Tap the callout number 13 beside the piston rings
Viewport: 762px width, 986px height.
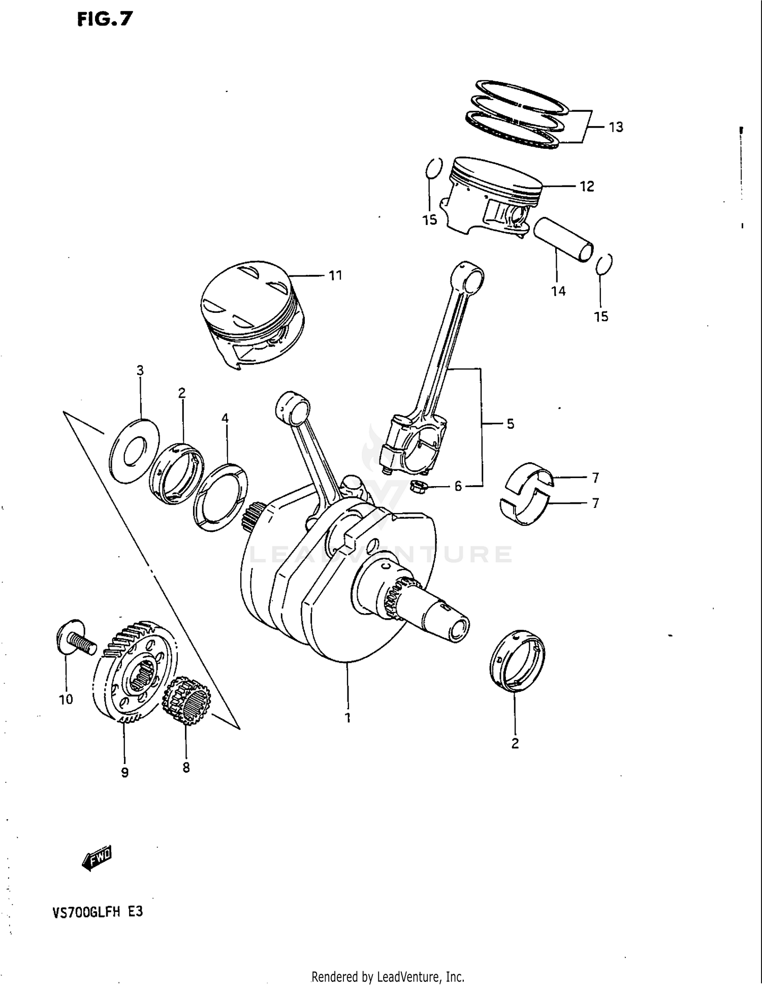pyautogui.click(x=616, y=127)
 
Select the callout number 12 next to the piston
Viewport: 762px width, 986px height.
pyautogui.click(x=587, y=186)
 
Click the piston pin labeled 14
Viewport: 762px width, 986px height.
pyautogui.click(x=563, y=239)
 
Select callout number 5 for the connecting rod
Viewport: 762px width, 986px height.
pyautogui.click(x=510, y=424)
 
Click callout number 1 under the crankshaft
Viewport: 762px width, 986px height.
pyautogui.click(x=348, y=718)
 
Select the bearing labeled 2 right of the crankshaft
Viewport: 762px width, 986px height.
pyautogui.click(x=517, y=661)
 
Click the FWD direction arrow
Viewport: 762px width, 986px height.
pyautogui.click(x=97, y=859)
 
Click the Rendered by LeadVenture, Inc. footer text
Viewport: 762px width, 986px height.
pyautogui.click(x=388, y=976)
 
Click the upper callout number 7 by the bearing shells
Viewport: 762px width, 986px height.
pyautogui.click(x=595, y=478)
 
